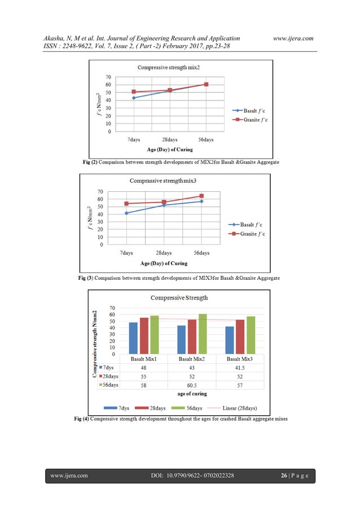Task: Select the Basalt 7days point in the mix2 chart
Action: [x=134, y=98]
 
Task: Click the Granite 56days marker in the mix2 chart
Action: [x=206, y=84]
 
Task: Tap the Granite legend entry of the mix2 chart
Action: [x=253, y=120]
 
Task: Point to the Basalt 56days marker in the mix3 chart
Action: [x=201, y=201]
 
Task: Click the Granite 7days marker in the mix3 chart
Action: [x=126, y=204]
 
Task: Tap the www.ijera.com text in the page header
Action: [x=291, y=38]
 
